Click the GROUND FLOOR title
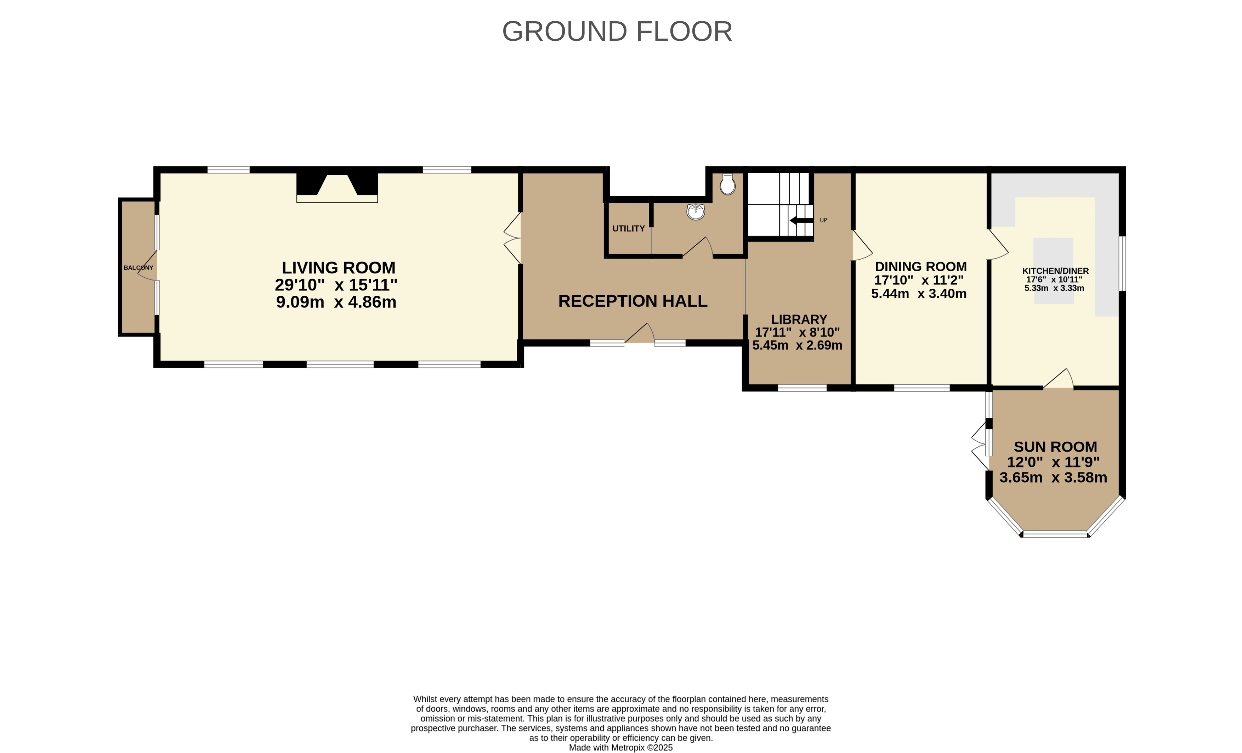(617, 31)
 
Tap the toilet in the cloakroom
(727, 185)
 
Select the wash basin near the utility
(696, 212)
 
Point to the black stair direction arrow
(801, 221)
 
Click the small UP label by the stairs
(823, 220)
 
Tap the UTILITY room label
(629, 229)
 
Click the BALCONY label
(138, 268)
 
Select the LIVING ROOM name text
(339, 268)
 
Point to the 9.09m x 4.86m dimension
(336, 302)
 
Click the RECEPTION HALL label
(633, 301)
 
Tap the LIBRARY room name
(799, 319)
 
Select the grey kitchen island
(1054, 271)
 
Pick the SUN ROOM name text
(1055, 447)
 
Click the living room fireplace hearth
(337, 199)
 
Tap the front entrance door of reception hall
(640, 334)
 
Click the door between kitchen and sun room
(1058, 379)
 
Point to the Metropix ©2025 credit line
(621, 747)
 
